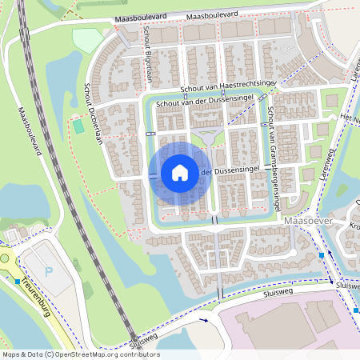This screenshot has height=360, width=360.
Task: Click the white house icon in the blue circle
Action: tap(180, 172)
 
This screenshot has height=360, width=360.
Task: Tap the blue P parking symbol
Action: tap(48, 271)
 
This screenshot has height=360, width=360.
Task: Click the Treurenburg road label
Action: tap(38, 299)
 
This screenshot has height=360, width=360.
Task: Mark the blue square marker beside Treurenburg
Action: tap(18, 281)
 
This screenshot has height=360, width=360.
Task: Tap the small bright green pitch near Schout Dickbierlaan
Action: tap(78, 126)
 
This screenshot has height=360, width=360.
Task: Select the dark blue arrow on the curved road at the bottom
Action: tap(203, 319)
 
